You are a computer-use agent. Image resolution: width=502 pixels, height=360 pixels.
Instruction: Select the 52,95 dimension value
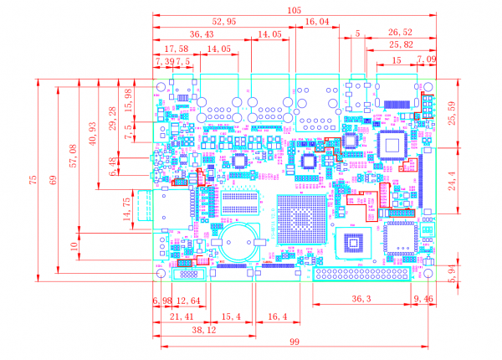pos(224,21)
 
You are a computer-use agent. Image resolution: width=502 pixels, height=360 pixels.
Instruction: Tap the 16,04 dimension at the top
pos(317,21)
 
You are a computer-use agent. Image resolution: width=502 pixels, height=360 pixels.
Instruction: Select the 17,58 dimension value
pos(176,49)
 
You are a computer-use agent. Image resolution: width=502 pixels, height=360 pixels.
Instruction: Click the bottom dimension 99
pos(295,343)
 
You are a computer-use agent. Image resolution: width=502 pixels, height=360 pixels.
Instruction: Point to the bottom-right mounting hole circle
pos(427,274)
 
